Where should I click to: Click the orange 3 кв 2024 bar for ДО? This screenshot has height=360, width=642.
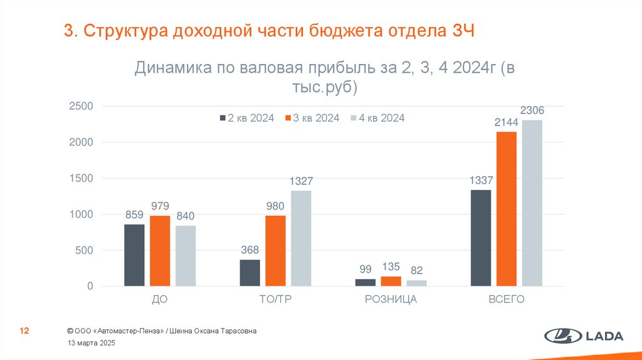[x=160, y=251]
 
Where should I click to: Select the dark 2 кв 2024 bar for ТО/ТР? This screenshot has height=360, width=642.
[x=250, y=273]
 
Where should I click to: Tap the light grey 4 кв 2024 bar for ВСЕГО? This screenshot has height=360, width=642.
[x=532, y=203]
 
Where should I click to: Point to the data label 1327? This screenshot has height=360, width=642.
[x=301, y=181]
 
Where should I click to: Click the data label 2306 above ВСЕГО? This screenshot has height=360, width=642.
[x=532, y=111]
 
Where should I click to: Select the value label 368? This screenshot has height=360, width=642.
[x=250, y=250]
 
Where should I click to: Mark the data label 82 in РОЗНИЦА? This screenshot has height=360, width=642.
[x=416, y=270]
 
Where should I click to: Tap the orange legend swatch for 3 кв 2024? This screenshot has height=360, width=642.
[x=288, y=118]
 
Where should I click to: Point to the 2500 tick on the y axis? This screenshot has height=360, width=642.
[x=81, y=107]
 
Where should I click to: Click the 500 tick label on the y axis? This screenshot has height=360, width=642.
[x=83, y=251]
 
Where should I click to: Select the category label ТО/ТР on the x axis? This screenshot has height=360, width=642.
[x=275, y=300]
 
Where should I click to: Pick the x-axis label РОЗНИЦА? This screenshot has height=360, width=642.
[x=391, y=300]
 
